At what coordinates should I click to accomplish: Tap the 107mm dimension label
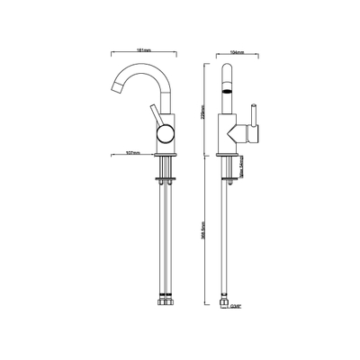coord(132,151)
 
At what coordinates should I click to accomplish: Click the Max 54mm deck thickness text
coord(247,167)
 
